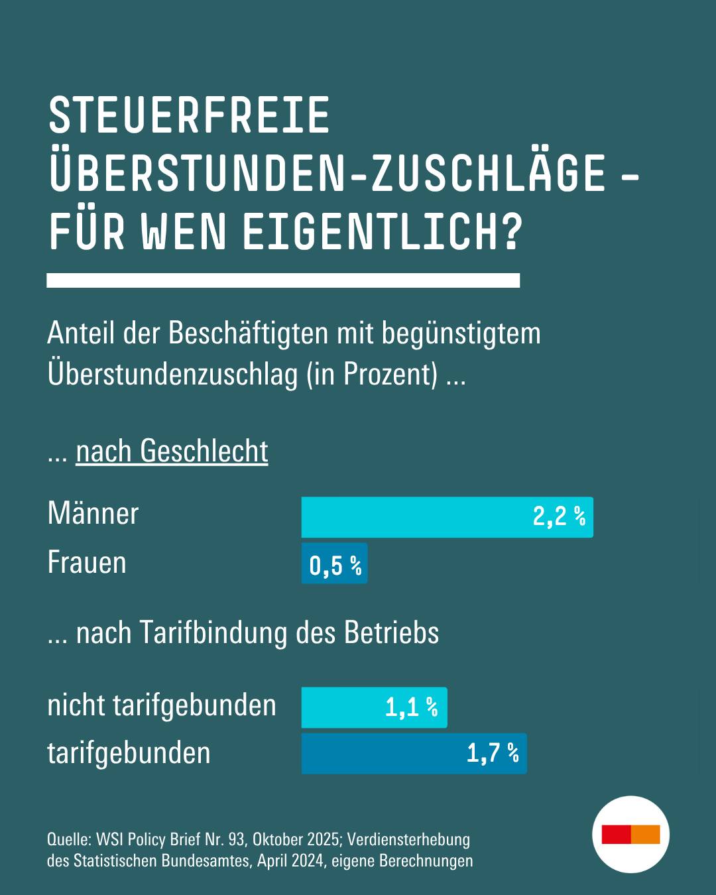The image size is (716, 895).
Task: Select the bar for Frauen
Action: pyautogui.click(x=334, y=564)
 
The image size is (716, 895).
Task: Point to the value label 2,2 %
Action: pyautogui.click(x=559, y=516)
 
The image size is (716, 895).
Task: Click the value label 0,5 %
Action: pyautogui.click(x=335, y=566)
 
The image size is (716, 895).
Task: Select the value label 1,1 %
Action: pyautogui.click(x=411, y=707)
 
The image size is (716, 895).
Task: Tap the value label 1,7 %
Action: pyautogui.click(x=493, y=753)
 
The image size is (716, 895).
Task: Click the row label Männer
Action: pyautogui.click(x=93, y=514)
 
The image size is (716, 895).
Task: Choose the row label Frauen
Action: pyautogui.click(x=87, y=563)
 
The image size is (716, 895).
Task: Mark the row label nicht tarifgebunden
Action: pyautogui.click(x=162, y=705)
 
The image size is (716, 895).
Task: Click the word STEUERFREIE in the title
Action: pyautogui.click(x=189, y=115)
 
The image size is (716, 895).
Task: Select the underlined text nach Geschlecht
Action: pyautogui.click(x=172, y=451)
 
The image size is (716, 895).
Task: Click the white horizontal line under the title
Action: pyautogui.click(x=283, y=280)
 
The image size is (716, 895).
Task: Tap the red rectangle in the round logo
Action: pyautogui.click(x=617, y=835)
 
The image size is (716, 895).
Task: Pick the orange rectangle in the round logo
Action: pyautogui.click(x=646, y=835)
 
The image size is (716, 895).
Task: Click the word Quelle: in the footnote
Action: pyautogui.click(x=69, y=839)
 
